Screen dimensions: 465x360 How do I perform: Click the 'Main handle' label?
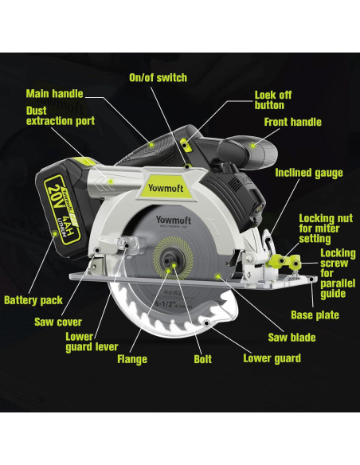[x=54, y=93]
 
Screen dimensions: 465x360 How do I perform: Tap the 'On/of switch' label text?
[x=158, y=78]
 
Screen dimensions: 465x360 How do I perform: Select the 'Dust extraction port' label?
[x=61, y=115]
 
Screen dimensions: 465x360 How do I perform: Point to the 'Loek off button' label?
[x=272, y=100]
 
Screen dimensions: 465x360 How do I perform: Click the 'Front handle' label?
[x=292, y=123]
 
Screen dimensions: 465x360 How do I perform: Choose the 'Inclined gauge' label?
[x=309, y=173]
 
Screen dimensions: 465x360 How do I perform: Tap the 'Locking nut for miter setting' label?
[x=325, y=227]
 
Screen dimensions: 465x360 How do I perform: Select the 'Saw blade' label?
[x=291, y=338]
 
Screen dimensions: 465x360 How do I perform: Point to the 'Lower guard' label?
[x=272, y=358]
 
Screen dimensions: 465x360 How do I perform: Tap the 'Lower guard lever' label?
[x=92, y=342]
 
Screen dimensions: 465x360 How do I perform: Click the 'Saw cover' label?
[x=58, y=322]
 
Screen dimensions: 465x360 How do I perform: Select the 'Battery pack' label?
[x=33, y=301]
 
